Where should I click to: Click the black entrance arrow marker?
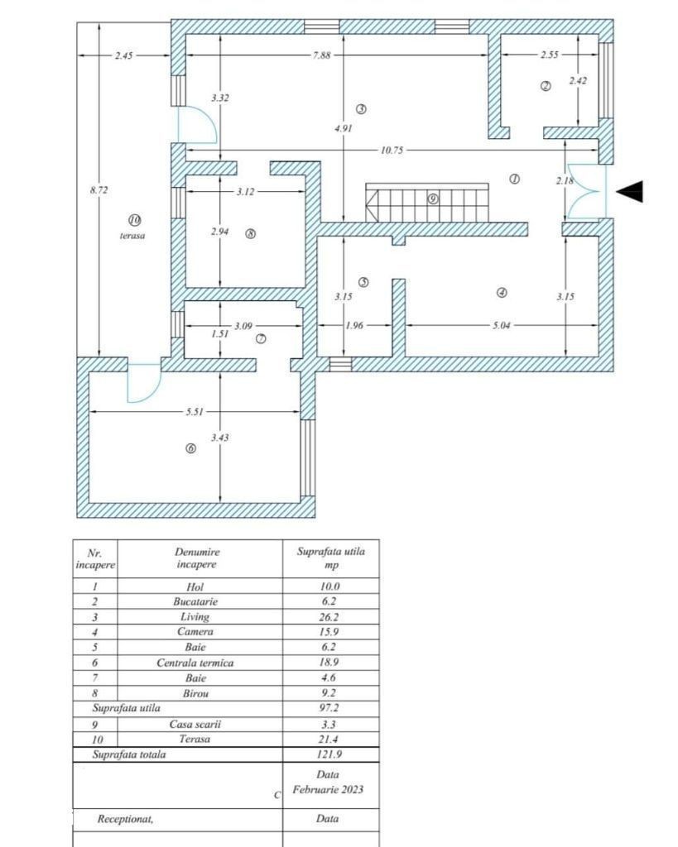(630, 191)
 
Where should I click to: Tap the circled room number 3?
(361, 108)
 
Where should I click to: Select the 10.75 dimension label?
(392, 151)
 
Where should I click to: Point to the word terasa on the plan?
(132, 236)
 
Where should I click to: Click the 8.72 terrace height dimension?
(99, 189)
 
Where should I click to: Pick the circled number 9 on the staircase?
(433, 199)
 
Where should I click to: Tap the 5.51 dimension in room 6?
(195, 412)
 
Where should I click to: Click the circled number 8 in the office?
(250, 234)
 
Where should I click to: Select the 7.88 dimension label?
(321, 55)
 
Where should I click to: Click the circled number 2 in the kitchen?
(546, 85)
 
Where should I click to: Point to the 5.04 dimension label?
(501, 325)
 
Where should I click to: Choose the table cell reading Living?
(195, 616)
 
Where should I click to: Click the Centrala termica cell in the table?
(195, 663)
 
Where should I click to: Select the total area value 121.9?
(329, 754)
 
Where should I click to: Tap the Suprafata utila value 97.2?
(329, 708)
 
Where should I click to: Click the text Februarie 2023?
(328, 789)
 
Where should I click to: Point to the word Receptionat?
(125, 819)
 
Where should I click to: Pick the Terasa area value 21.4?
(328, 739)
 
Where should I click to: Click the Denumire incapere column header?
(197, 558)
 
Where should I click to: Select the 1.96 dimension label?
(354, 325)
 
